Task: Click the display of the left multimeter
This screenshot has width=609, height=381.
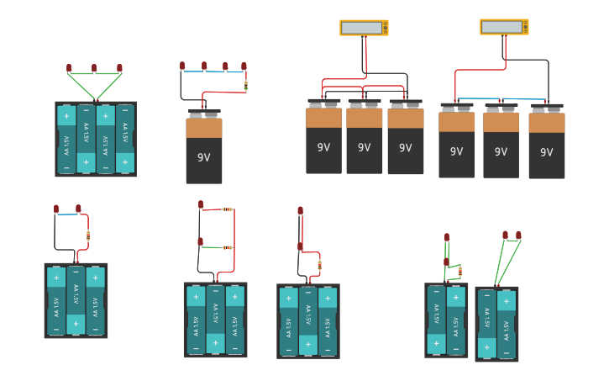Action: (x=361, y=28)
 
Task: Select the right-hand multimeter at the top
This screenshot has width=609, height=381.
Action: (x=504, y=27)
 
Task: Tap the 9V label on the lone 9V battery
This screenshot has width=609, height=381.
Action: (x=204, y=157)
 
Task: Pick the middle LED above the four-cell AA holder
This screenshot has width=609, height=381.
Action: (x=94, y=68)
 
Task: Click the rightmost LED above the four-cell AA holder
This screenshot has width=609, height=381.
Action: (x=119, y=67)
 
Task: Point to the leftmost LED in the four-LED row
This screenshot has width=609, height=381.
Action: (x=181, y=66)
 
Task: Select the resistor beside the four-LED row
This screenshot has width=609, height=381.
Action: (x=245, y=85)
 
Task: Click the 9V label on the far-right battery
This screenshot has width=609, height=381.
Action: (x=546, y=152)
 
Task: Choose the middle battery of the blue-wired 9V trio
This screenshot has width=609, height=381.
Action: (x=501, y=143)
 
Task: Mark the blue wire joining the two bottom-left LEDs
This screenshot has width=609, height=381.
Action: (x=67, y=214)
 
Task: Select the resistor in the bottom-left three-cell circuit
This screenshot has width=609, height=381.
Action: (x=88, y=235)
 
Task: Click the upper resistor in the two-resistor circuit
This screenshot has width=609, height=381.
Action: (x=228, y=209)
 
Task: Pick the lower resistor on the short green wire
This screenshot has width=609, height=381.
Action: (x=228, y=247)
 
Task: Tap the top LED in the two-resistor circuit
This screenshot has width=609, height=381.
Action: (x=201, y=204)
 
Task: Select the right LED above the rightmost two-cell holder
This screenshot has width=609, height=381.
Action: (x=518, y=235)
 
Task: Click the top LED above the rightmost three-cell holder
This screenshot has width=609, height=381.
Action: (x=300, y=211)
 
